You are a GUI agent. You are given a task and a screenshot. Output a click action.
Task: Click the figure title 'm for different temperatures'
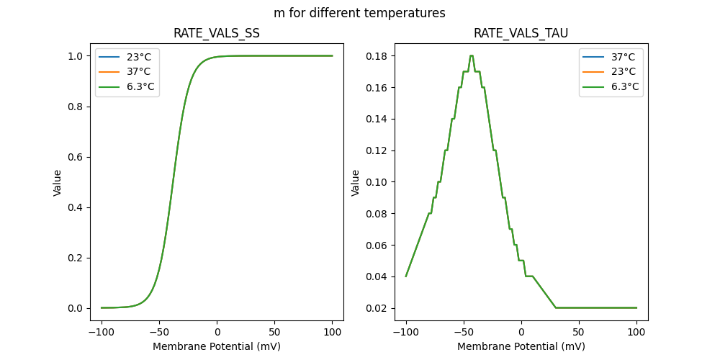pyautogui.click(x=359, y=13)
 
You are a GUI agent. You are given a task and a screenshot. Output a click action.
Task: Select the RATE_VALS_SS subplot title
pyautogui.click(x=217, y=33)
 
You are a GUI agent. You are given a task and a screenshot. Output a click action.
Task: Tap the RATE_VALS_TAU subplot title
pyautogui.click(x=521, y=33)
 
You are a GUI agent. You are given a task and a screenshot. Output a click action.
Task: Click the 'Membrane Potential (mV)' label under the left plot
pyautogui.click(x=217, y=346)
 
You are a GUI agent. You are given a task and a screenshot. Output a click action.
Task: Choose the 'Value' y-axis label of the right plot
pyautogui.click(x=355, y=182)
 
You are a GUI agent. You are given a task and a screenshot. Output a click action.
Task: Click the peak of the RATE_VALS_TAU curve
pyautogui.click(x=471, y=55)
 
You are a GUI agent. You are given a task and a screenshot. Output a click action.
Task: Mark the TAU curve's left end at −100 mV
pyautogui.click(x=406, y=276)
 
